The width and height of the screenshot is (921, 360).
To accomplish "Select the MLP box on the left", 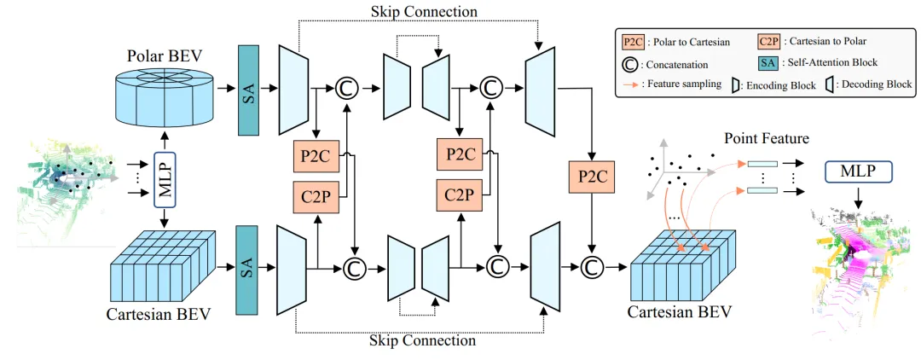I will pyautogui.click(x=164, y=179).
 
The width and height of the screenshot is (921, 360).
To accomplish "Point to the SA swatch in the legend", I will pyautogui.click(x=769, y=62).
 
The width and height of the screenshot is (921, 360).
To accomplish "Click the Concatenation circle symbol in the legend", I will pyautogui.click(x=632, y=63).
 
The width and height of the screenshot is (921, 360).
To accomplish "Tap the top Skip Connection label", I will pyautogui.click(x=423, y=12).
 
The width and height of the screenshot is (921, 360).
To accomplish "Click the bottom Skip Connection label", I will pyautogui.click(x=422, y=340).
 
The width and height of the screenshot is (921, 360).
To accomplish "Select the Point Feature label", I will pyautogui.click(x=766, y=138).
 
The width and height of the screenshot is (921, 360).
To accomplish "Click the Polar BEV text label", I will pyautogui.click(x=165, y=56).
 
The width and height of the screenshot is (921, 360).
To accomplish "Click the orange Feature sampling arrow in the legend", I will pyautogui.click(x=632, y=84).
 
